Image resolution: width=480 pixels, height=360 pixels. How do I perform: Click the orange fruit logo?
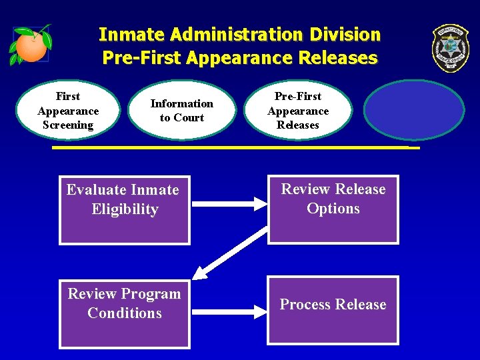pyautogui.click(x=31, y=45)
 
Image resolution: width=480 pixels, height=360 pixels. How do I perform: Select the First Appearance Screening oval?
pyautogui.click(x=68, y=111)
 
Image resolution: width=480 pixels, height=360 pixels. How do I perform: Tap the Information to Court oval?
pyautogui.click(x=181, y=111)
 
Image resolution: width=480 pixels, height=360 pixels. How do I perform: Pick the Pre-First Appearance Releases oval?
pyautogui.click(x=298, y=111)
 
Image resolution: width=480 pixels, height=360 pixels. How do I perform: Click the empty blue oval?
pyautogui.click(x=414, y=111)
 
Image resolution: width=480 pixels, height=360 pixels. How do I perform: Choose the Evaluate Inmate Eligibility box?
pyautogui.click(x=125, y=209)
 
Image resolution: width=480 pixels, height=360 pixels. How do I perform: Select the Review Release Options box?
pyautogui.click(x=333, y=209)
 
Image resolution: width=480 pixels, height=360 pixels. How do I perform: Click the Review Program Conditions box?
pyautogui.click(x=125, y=313)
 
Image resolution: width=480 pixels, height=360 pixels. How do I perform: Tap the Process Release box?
pyautogui.click(x=333, y=310)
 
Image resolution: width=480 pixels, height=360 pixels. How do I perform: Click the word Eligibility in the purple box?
pyautogui.click(x=125, y=209)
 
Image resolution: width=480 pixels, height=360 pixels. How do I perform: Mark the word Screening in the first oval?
pyautogui.click(x=68, y=125)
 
